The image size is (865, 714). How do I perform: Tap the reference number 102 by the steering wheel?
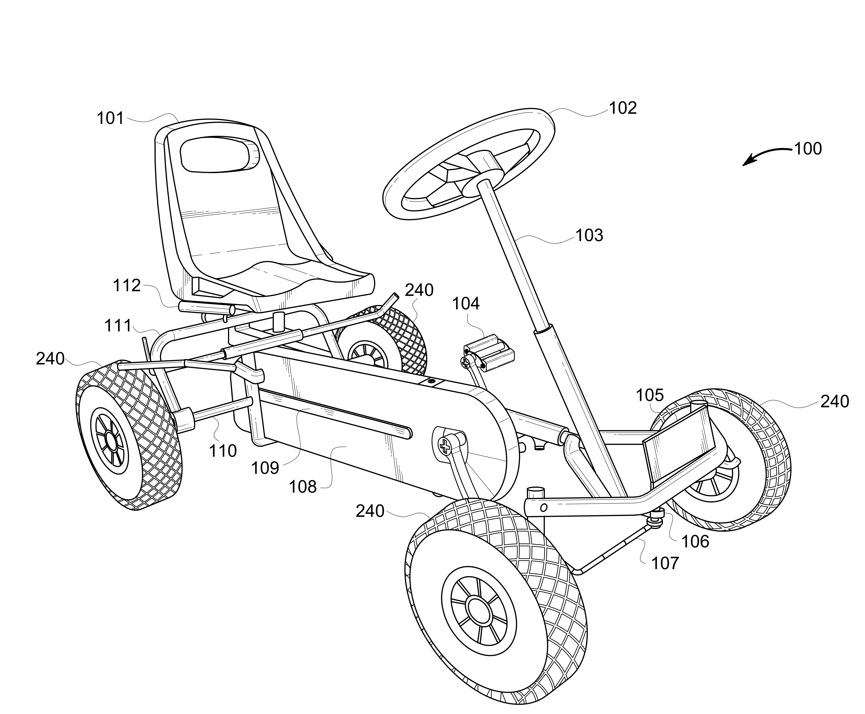(x=623, y=108)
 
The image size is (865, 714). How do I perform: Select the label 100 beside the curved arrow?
(x=807, y=148)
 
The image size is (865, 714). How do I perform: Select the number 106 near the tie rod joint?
(x=695, y=542)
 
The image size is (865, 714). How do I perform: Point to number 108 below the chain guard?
(x=303, y=487)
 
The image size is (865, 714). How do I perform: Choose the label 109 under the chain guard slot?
(x=265, y=468)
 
